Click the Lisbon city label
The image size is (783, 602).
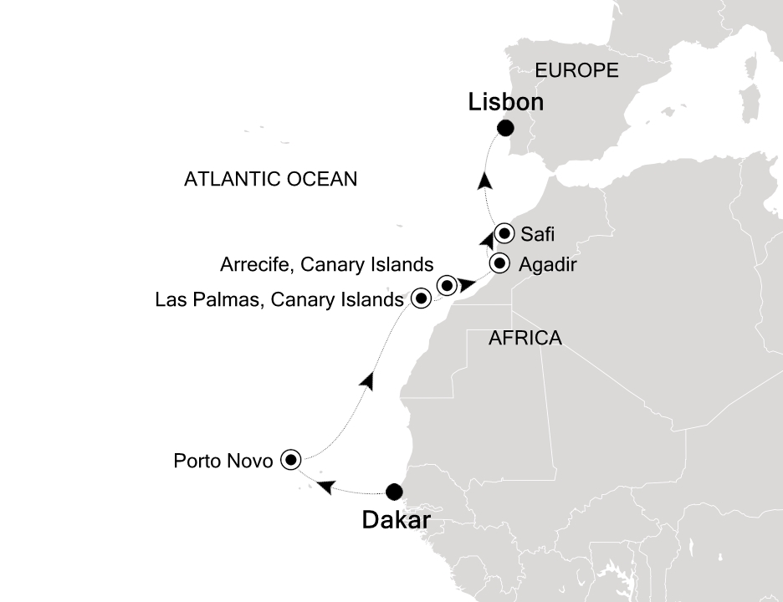click(x=506, y=102)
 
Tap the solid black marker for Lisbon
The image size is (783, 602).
click(x=505, y=128)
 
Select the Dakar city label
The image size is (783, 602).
click(x=396, y=521)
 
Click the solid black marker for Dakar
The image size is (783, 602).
click(x=393, y=492)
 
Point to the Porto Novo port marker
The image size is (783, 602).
click(x=290, y=458)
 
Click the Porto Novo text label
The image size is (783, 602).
click(x=223, y=460)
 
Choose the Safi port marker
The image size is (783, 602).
click(x=504, y=233)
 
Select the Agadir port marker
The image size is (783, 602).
click(x=499, y=263)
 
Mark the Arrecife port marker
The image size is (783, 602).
click(x=447, y=285)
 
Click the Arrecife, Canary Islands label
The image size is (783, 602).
click(x=326, y=265)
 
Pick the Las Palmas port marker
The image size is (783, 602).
click(x=422, y=298)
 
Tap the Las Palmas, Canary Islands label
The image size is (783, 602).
click(x=279, y=299)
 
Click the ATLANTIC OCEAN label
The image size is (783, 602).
click(x=270, y=179)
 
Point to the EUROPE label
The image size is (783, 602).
click(x=576, y=70)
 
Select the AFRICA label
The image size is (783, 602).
click(x=525, y=338)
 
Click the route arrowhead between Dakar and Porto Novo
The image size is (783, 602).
click(x=329, y=486)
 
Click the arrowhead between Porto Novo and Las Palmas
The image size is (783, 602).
click(x=366, y=380)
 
